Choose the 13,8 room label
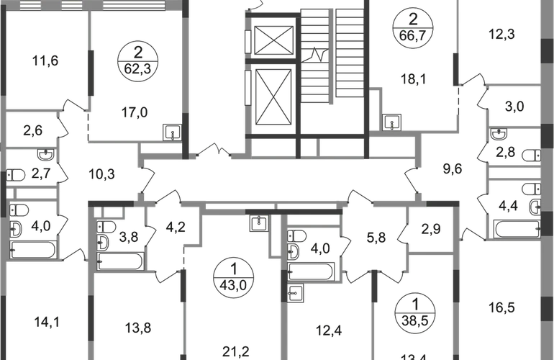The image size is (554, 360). pos(136,328)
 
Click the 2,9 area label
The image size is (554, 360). pos(432,230)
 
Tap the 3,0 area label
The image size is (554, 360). pos(514,109)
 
